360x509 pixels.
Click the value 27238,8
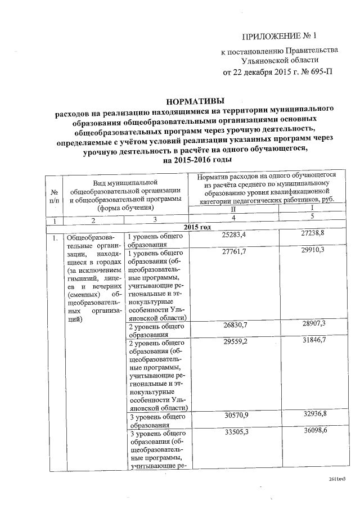pos(312,232)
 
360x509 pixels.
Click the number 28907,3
pos(313,325)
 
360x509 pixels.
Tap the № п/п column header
pos(54,195)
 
